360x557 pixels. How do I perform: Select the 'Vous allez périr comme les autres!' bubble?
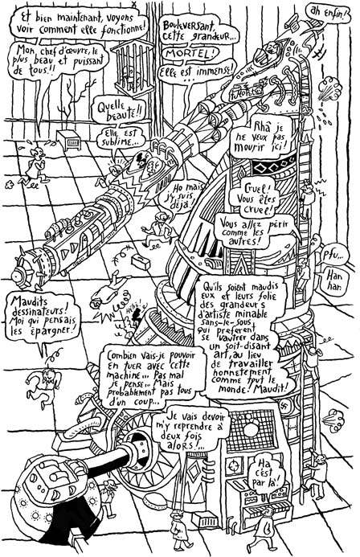pos(246,231)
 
